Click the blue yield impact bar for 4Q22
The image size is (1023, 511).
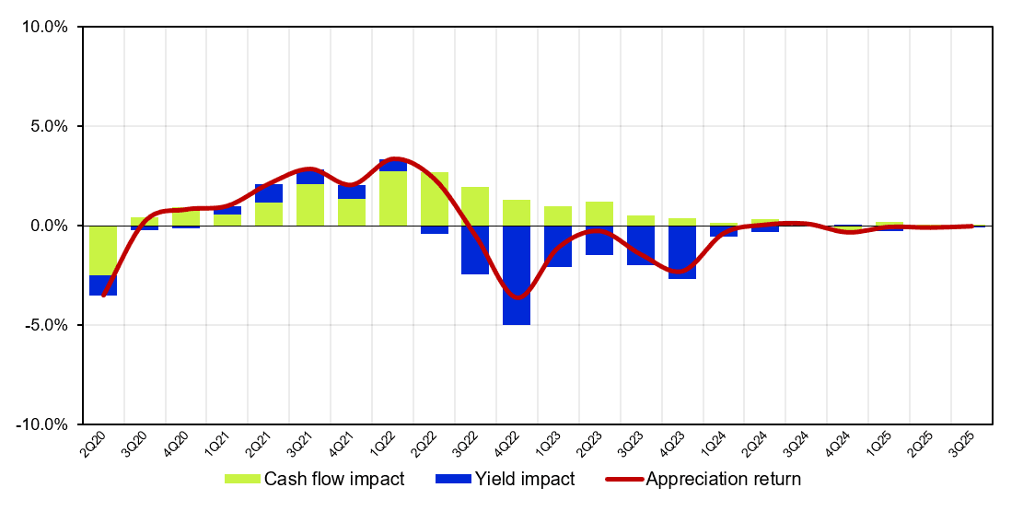pyautogui.click(x=517, y=275)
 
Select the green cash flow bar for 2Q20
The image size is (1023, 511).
pyautogui.click(x=103, y=250)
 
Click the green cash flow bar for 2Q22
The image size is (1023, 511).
pyautogui.click(x=435, y=199)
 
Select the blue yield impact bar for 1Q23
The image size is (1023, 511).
pyautogui.click(x=558, y=246)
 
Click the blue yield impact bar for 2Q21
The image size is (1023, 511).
pyautogui.click(x=269, y=193)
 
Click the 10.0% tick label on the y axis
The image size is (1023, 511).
pyautogui.click(x=44, y=28)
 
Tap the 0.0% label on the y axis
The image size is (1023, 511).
pyautogui.click(x=48, y=226)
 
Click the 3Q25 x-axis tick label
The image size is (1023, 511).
pyautogui.click(x=961, y=444)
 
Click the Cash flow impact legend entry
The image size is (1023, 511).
pyautogui.click(x=315, y=479)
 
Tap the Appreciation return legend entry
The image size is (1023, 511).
pyautogui.click(x=703, y=479)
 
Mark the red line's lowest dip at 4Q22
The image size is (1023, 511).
pyautogui.click(x=517, y=297)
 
